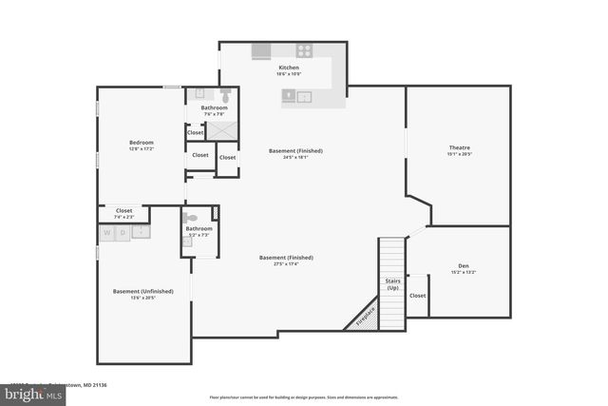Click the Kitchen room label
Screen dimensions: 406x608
tap(289, 68)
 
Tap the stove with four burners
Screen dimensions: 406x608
tap(305, 51)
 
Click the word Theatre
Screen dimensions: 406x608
tap(460, 147)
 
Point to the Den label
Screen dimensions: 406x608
tap(464, 266)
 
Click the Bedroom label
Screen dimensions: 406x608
tap(141, 143)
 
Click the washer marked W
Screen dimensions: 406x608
tap(107, 232)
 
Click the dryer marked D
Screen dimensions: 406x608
tap(122, 232)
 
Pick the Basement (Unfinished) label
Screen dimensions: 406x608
tap(142, 291)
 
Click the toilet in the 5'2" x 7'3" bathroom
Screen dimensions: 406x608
tap(189, 218)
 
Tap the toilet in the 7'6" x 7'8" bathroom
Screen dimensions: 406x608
tap(225, 96)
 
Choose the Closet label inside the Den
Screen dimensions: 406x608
tap(418, 296)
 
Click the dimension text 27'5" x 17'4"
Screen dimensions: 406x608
tap(287, 264)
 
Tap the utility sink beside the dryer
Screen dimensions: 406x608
tap(140, 232)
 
